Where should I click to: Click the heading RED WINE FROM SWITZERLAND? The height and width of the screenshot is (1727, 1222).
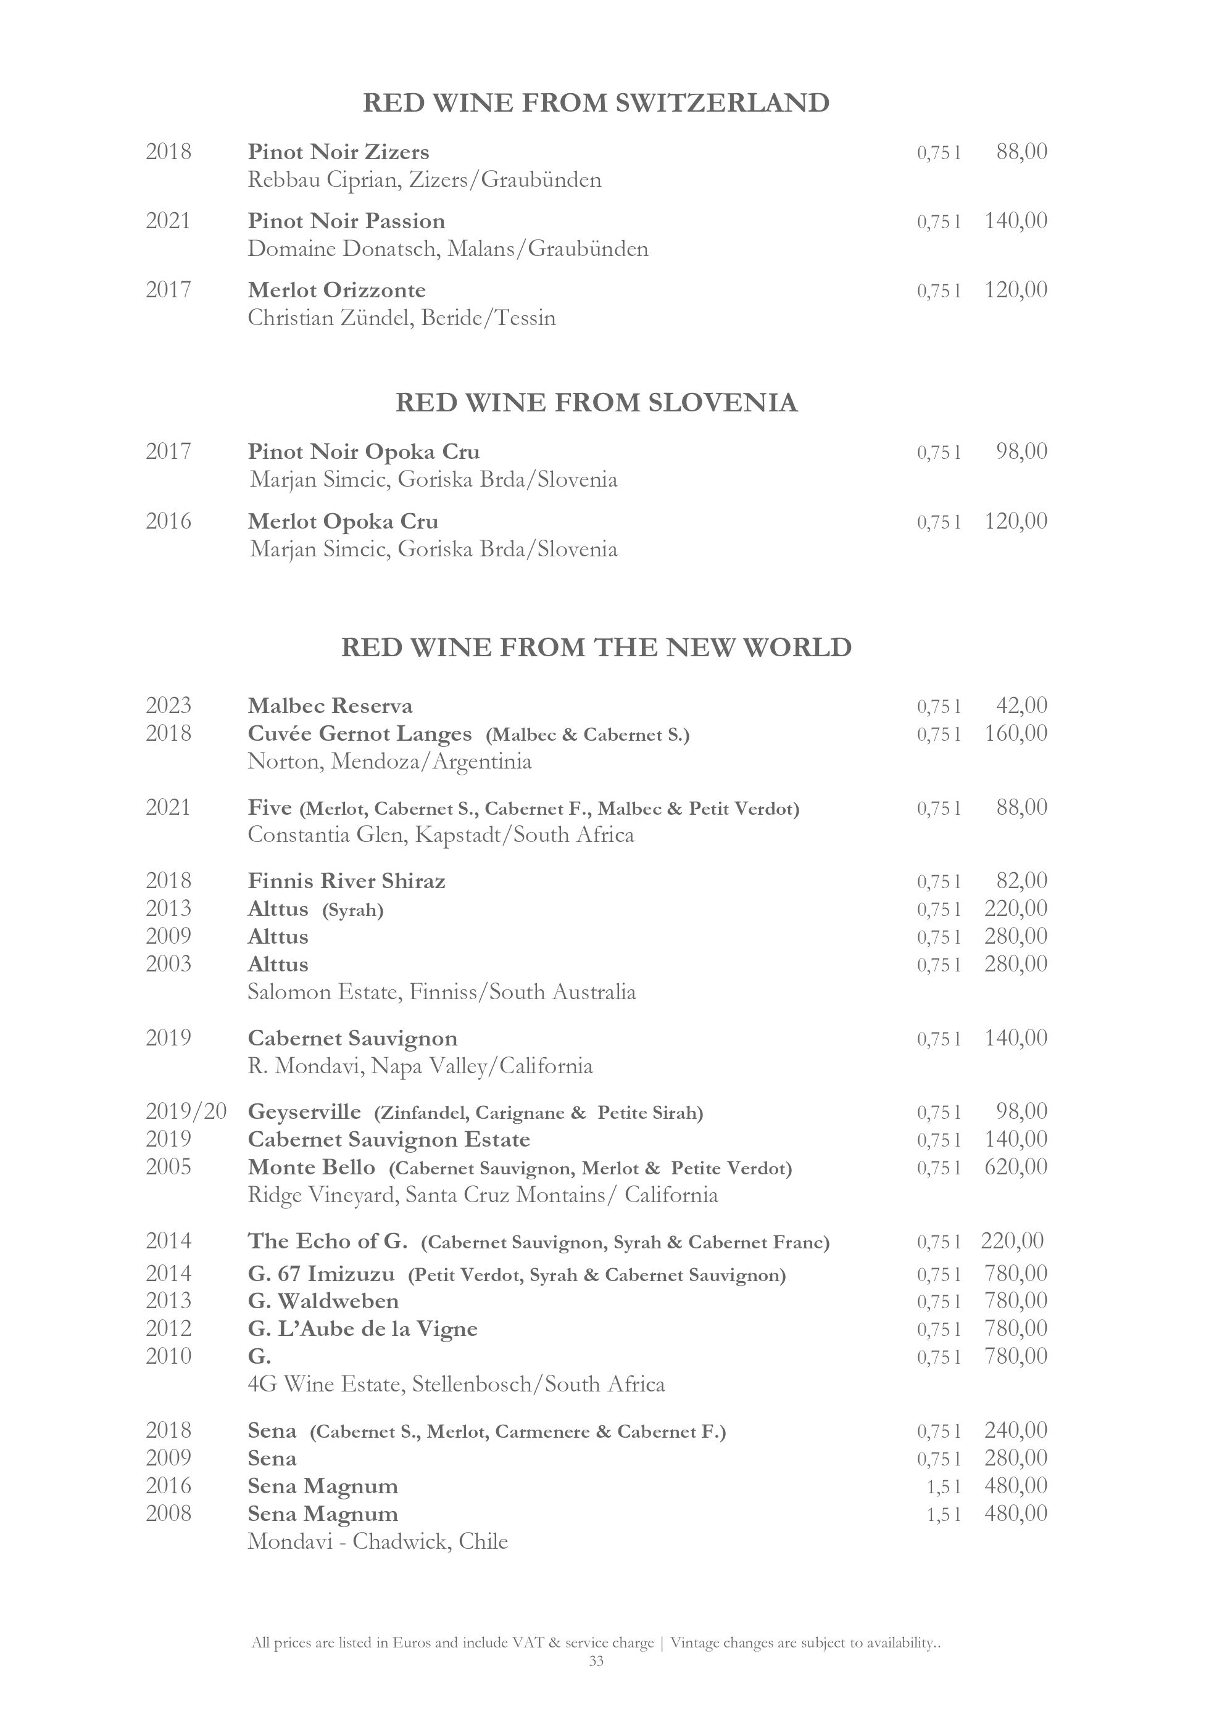pos(596,103)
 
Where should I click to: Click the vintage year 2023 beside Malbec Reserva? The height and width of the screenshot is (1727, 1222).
pos(168,706)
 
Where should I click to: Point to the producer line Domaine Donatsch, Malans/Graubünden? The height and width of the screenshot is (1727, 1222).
pos(447,249)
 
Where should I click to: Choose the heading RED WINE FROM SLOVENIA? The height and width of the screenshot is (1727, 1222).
pos(596,403)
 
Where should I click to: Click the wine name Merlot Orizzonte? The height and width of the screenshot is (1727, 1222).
pos(336,291)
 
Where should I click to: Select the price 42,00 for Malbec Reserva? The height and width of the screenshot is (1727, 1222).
pos(1021,706)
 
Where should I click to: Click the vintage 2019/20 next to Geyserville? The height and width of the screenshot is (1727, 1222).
pos(186,1111)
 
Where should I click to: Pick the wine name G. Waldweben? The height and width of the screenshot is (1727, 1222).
pos(323,1301)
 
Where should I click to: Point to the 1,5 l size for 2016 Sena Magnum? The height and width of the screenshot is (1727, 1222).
pos(944,1486)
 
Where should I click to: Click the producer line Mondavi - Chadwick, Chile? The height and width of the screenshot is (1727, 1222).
pos(378,1542)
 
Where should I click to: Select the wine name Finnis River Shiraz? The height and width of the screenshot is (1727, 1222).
pos(346,881)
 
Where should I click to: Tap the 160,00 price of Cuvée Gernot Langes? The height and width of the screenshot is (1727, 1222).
pos(1016,733)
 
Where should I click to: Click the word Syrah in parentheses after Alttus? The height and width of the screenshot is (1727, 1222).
pos(353,910)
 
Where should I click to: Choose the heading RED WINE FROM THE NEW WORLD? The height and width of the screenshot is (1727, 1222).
pos(596,648)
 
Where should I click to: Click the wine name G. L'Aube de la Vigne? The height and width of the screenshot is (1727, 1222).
pos(363,1329)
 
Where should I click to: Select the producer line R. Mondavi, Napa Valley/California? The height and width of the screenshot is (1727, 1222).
pos(420,1066)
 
